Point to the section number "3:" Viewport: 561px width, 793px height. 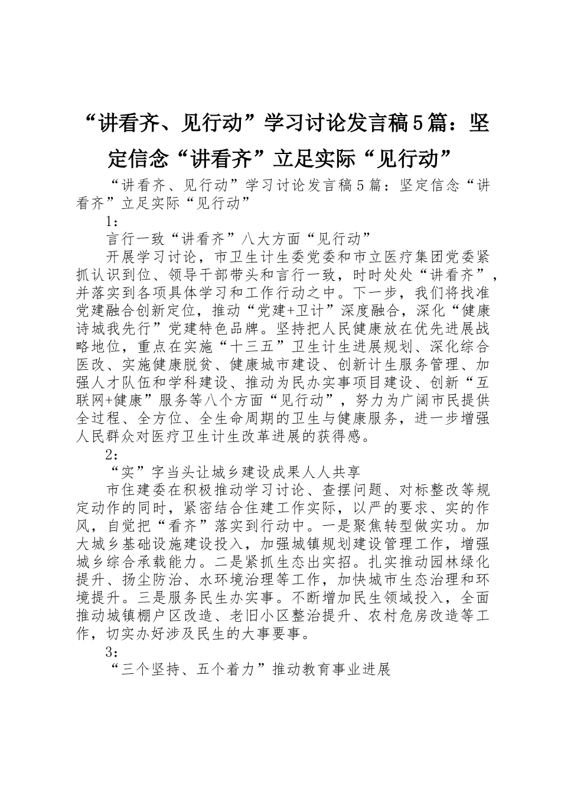point(112,653)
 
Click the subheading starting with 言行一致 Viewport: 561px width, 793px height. point(238,239)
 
